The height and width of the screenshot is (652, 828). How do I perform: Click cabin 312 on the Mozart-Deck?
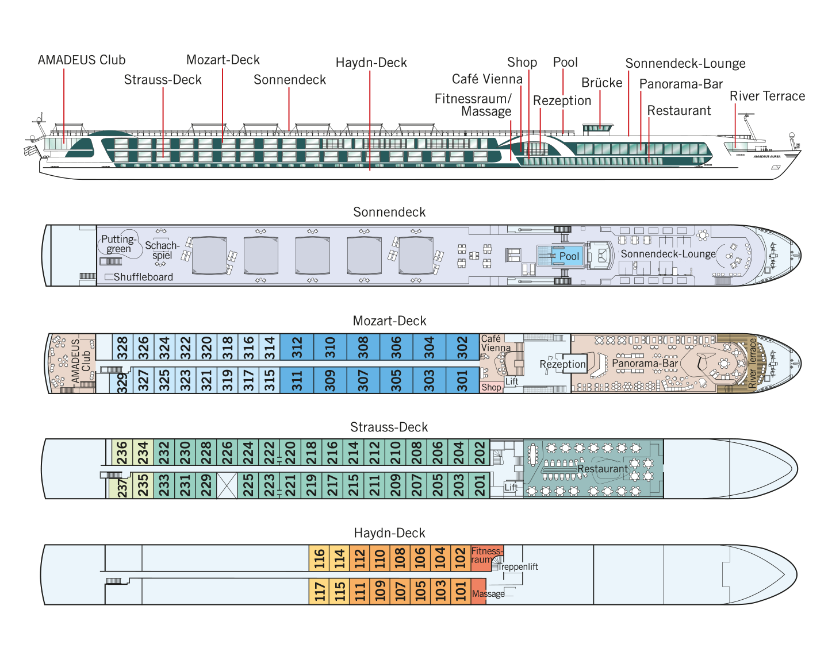pos(297,347)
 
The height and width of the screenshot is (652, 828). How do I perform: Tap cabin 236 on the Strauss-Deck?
pos(122,453)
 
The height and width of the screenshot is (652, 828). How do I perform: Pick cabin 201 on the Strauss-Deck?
pos(480,485)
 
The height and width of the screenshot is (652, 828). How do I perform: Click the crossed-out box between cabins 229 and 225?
pos(227,485)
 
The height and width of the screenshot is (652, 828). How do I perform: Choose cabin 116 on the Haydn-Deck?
pos(319,558)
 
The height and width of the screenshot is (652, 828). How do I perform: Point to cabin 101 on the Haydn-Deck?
pos(461,591)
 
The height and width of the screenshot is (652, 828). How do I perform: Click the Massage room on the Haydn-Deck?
pos(478,591)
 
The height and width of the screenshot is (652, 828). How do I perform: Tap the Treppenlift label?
pos(518,566)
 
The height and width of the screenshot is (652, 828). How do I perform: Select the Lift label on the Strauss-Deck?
pos(511,487)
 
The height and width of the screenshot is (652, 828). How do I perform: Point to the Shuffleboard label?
pos(143,277)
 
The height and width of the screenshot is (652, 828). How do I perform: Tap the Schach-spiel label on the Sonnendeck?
pos(162,250)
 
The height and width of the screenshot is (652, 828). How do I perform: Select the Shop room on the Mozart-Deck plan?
pos(491,387)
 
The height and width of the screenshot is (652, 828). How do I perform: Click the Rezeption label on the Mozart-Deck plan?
pos(562,364)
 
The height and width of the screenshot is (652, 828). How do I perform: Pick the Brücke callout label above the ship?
pos(602,83)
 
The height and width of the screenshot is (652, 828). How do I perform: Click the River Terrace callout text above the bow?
pos(767,96)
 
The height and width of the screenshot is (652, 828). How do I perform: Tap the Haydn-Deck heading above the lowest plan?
pos(389,533)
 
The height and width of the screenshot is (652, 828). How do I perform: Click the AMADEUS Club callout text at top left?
pos(82,60)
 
